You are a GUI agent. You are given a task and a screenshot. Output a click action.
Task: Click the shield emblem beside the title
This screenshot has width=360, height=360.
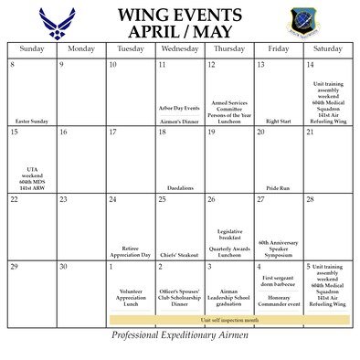coord(304,20)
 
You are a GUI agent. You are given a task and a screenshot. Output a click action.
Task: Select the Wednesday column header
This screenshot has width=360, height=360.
coord(179,48)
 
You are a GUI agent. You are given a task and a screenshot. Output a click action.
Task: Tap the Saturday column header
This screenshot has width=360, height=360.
coord(327,48)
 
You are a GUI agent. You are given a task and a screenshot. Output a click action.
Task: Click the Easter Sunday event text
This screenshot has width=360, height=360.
coord(32,121)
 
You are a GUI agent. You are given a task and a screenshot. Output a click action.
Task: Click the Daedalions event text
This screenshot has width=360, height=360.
coord(179,187)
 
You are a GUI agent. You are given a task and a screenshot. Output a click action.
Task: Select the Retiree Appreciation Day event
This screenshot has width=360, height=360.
coord(130,251)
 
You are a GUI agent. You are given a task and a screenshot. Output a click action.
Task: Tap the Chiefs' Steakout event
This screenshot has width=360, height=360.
coord(179,255)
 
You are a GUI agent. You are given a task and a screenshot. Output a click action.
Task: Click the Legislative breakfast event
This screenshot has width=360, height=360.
coord(228,235)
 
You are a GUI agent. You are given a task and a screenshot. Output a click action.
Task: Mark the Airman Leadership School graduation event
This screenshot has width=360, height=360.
coord(228,299)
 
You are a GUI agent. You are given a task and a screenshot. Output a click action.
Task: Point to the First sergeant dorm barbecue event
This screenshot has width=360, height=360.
coord(278,284)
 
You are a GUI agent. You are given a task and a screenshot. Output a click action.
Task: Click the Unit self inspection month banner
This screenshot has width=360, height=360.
coord(228,321)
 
